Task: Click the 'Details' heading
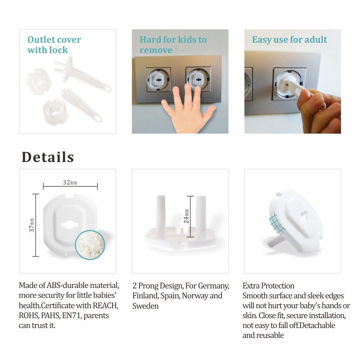point(48,157)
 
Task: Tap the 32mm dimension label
point(70,183)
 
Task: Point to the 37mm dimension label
point(31,225)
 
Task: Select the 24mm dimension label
point(186,216)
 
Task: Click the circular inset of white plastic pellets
point(90,245)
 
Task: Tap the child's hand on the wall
point(188,110)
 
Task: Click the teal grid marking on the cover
point(277,223)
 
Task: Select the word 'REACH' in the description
point(105,306)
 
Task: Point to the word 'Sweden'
point(145,306)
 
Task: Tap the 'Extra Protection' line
point(268,286)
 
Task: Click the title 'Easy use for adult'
point(289,40)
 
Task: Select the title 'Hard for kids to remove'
point(173,45)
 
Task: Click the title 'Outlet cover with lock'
point(54,45)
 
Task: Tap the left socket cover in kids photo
point(158,80)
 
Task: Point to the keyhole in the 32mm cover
point(70,224)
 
